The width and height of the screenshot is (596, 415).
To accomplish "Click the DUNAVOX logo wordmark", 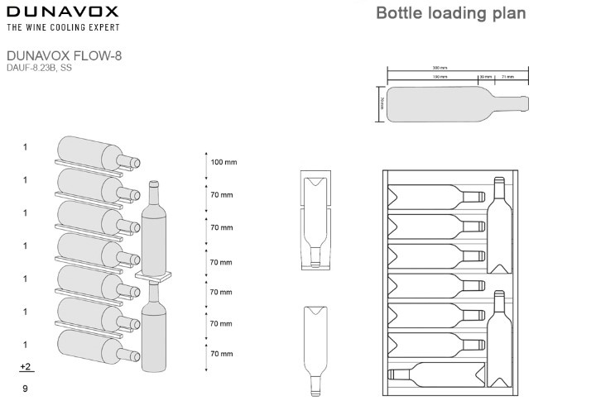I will tap(62, 12).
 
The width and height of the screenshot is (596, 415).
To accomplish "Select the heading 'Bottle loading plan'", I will tap(450, 13).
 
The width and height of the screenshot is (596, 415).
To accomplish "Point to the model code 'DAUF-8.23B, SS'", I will tap(39, 68).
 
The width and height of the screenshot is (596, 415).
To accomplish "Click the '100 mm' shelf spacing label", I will tap(223, 162).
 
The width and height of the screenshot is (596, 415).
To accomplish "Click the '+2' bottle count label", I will tap(26, 365).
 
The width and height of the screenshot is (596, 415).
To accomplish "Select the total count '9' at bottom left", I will tap(26, 387).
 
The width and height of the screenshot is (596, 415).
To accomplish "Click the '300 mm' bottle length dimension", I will tap(452, 69).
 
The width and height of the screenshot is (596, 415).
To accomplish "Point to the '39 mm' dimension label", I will tap(486, 76).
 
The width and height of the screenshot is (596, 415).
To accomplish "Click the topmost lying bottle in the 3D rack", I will tap(95, 155).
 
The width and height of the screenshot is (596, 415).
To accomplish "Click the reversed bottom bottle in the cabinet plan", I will tap(437, 374).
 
